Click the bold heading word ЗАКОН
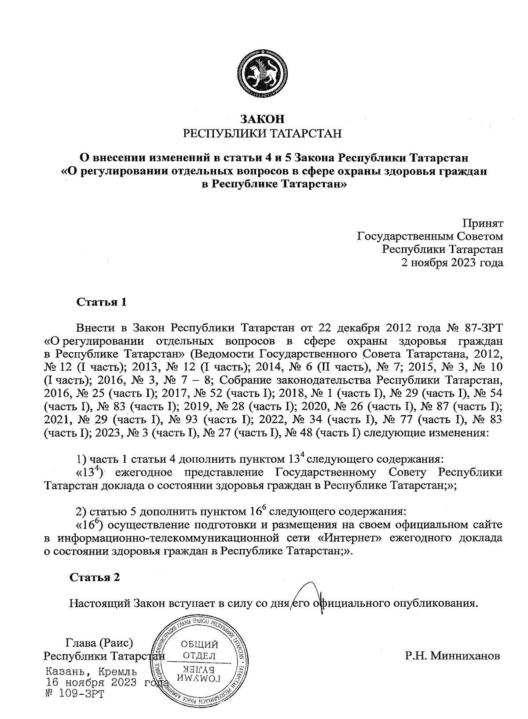click(262, 119)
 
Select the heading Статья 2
click(95, 577)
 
